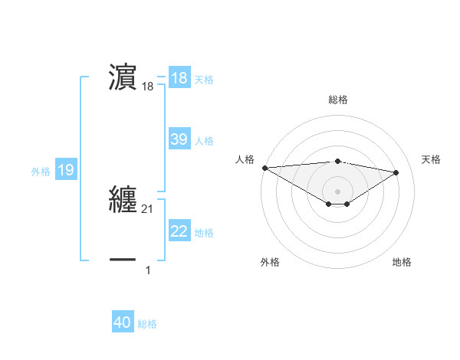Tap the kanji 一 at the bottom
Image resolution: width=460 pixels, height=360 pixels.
click(123, 260)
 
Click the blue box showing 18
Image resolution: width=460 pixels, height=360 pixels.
click(179, 77)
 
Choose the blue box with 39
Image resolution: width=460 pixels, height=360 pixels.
click(179, 139)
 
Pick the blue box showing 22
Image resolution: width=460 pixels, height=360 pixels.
click(179, 231)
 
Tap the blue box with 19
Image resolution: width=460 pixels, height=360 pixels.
click(66, 170)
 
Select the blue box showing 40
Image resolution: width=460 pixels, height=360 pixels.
click(123, 323)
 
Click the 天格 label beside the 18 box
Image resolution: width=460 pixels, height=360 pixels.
click(204, 80)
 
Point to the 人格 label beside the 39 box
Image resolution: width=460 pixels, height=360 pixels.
click(204, 141)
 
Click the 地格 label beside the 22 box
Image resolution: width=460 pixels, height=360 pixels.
click(204, 233)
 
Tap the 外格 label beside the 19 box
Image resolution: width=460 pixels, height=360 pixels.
click(41, 172)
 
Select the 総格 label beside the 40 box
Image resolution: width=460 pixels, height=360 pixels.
click(147, 325)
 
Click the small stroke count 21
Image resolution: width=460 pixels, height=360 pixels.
click(148, 208)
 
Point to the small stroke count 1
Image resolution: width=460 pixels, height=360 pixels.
click(148, 270)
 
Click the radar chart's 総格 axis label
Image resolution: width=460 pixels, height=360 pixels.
click(337, 100)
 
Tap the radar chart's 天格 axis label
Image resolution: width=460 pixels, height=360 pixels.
click(431, 159)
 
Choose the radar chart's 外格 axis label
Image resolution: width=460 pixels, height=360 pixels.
click(270, 262)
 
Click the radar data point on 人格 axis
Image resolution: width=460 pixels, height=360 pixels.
click(264, 168)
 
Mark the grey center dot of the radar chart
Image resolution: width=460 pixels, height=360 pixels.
click(337, 191)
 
